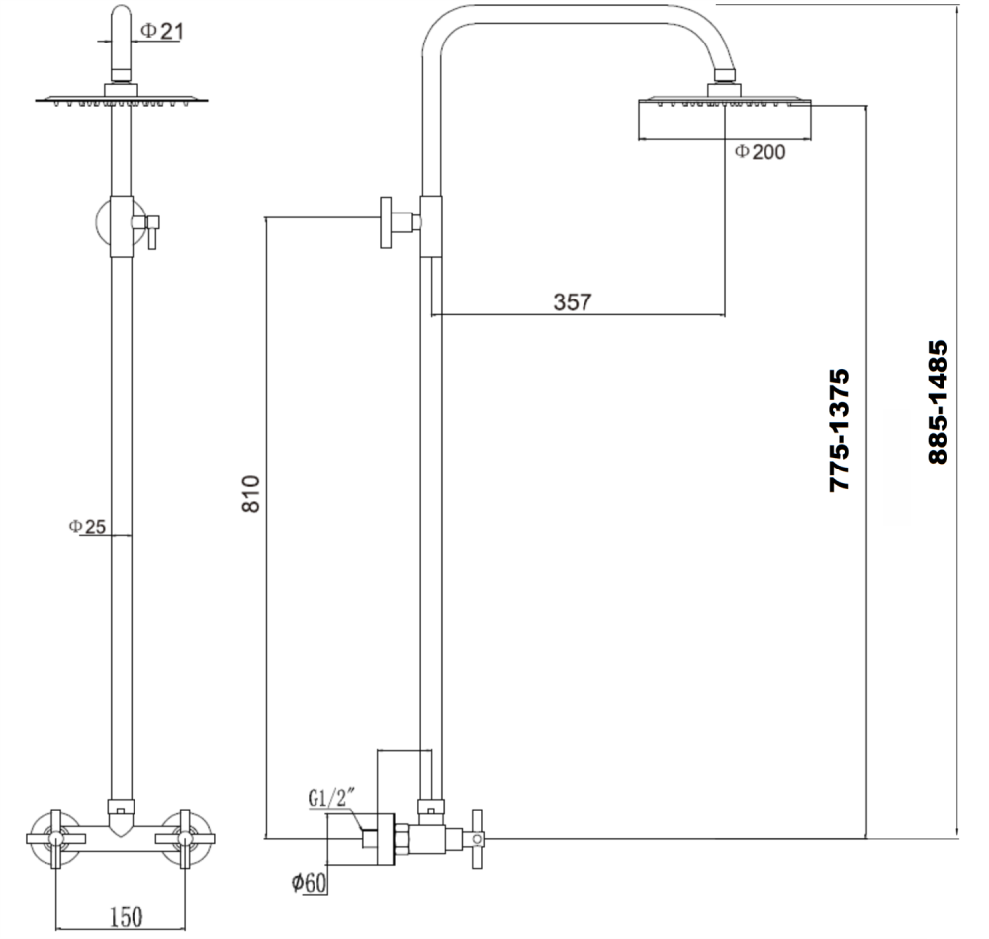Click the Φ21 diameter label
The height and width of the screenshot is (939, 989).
[x=161, y=32]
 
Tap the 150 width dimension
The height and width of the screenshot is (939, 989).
[x=125, y=918]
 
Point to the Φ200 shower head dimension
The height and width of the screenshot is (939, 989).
[x=760, y=152]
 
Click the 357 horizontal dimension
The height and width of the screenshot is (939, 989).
[x=572, y=302]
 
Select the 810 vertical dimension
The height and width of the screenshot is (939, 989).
[x=251, y=494]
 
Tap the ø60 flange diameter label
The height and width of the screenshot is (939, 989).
[x=309, y=883]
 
